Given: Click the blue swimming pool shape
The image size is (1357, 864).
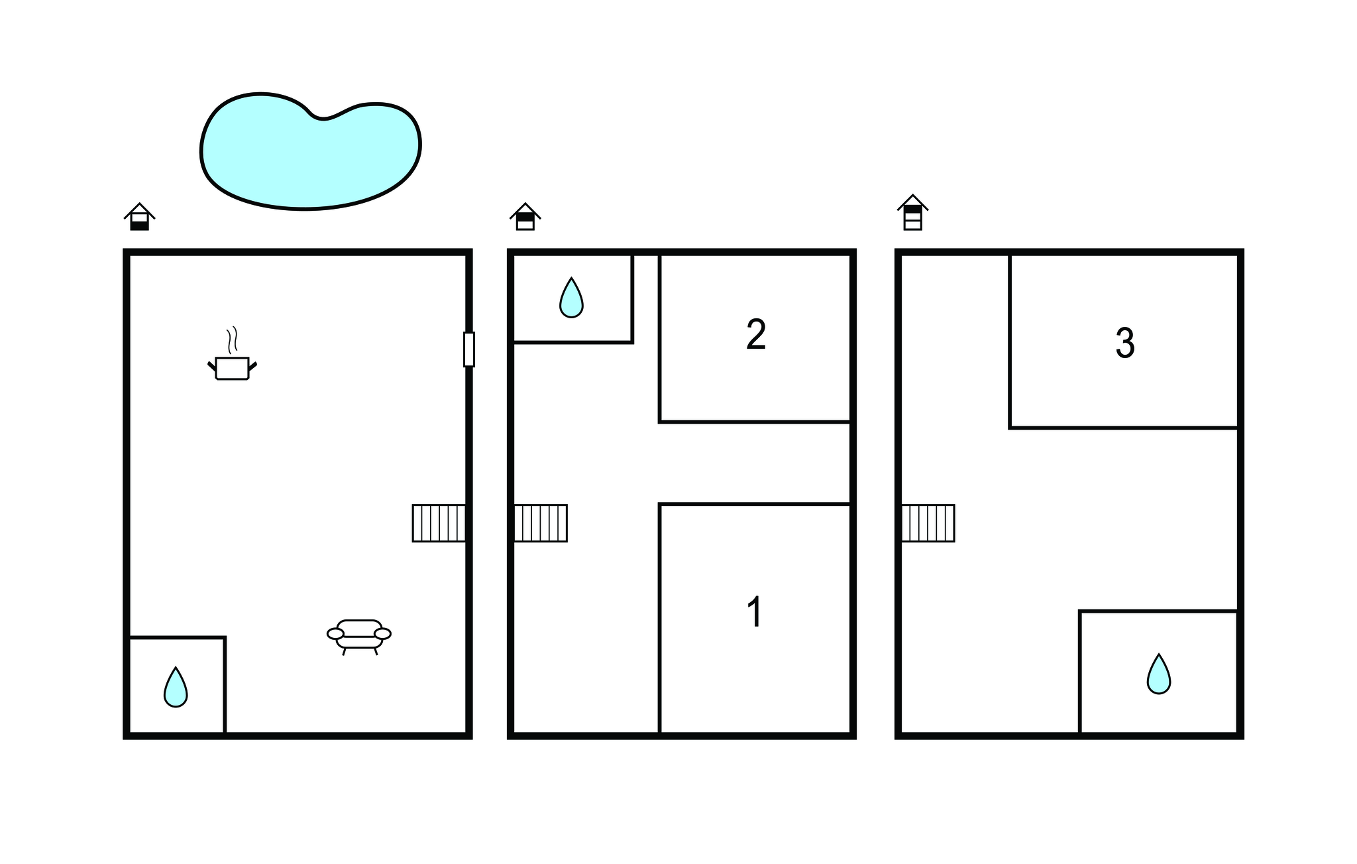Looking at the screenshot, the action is pyautogui.click(x=310, y=151).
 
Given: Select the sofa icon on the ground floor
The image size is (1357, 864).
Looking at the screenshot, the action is pyautogui.click(x=359, y=637).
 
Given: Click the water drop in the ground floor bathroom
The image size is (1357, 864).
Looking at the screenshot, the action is pyautogui.click(x=176, y=687).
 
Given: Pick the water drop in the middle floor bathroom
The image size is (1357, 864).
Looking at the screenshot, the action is pyautogui.click(x=571, y=298).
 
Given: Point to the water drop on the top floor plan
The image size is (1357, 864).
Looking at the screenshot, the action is pyautogui.click(x=1159, y=674).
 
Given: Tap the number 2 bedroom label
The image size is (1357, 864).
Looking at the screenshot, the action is pyautogui.click(x=756, y=334).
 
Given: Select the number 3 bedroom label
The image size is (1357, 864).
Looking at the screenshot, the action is pyautogui.click(x=1125, y=343).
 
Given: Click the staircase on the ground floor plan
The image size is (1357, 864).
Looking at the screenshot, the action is pyautogui.click(x=439, y=523).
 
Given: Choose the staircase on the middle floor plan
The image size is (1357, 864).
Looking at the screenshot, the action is pyautogui.click(x=541, y=523).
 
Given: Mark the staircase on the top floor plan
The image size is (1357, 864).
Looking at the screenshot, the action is pyautogui.click(x=928, y=523).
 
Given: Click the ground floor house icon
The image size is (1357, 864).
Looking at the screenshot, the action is pyautogui.click(x=140, y=217).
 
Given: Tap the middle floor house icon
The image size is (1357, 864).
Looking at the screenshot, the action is pyautogui.click(x=525, y=217).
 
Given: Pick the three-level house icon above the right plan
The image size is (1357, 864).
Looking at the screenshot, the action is pyautogui.click(x=913, y=212).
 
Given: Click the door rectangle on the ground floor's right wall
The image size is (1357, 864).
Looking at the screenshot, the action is pyautogui.click(x=469, y=349).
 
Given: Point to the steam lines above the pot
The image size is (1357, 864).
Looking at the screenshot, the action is pyautogui.click(x=232, y=340).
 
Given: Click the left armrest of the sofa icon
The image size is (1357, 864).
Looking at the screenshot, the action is pyautogui.click(x=336, y=634).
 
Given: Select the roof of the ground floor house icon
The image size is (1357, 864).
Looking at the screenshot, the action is pyautogui.click(x=140, y=210).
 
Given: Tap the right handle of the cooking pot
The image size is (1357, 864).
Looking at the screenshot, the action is pyautogui.click(x=252, y=366).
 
